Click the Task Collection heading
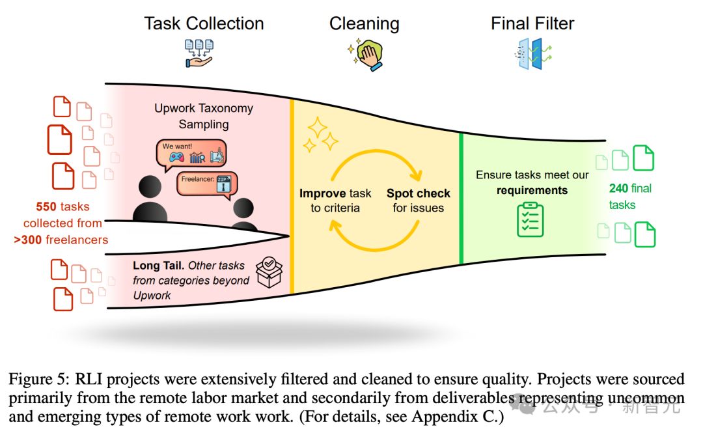[204, 24]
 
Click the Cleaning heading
[364, 24]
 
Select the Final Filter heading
[532, 24]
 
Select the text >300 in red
[28, 240]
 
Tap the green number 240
[618, 189]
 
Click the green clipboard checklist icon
[531, 219]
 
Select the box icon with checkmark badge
[269, 272]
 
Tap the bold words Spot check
[419, 193]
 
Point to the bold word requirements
[532, 191]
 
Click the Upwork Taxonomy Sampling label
[204, 116]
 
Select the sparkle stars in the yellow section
[322, 135]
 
